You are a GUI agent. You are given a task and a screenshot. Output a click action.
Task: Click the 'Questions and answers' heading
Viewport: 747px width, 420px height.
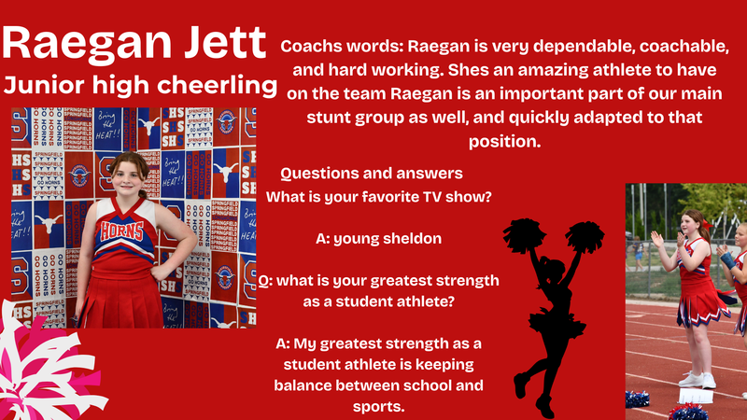click(372, 175)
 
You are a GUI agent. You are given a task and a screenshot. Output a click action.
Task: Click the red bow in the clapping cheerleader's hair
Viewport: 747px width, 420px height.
click(708, 225)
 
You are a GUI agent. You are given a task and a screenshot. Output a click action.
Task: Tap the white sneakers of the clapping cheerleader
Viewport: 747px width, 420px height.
click(692, 379)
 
